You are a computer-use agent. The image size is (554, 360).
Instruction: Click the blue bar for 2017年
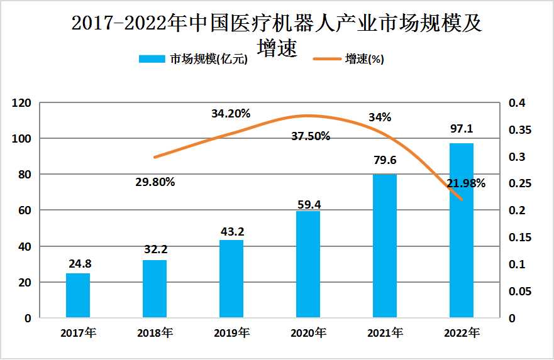point(78,295)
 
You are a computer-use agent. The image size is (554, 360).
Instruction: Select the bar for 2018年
point(155,289)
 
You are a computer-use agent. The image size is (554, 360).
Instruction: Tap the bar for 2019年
point(231,279)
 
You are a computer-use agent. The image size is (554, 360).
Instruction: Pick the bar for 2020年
point(308,265)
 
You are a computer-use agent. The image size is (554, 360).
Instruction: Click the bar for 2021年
point(385,246)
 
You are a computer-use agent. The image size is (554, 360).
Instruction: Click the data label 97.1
point(462,129)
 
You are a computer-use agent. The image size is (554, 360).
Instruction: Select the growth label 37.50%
point(311,136)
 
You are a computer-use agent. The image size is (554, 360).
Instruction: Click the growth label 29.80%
point(155,182)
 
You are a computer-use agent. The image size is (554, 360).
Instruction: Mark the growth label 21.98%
point(466,183)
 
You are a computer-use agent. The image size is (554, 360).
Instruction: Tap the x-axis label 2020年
point(308,332)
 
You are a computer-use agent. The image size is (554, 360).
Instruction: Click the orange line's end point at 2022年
point(462,200)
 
